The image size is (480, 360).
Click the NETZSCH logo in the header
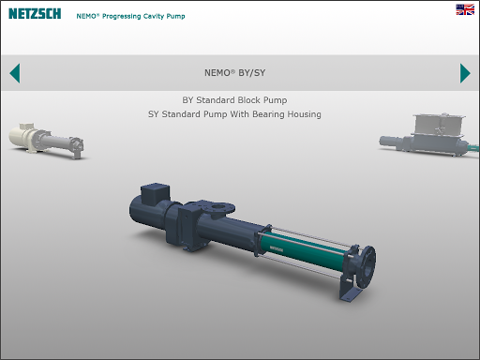click(35, 14)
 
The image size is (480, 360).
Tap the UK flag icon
click(465, 9)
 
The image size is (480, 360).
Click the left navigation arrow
click(15, 73)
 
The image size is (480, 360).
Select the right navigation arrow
click(465, 73)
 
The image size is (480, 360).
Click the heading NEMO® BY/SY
click(235, 73)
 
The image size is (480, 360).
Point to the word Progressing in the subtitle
click(122, 16)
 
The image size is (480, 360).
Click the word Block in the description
click(249, 100)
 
